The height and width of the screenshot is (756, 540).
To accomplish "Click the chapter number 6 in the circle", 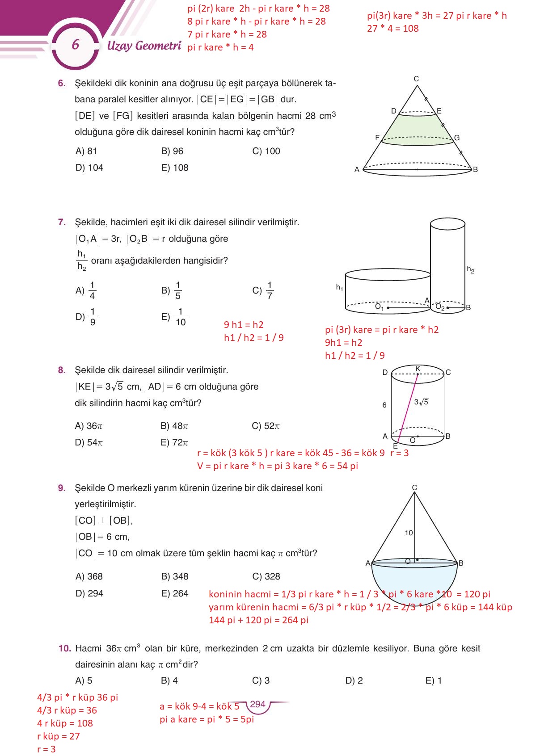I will pos(75,44).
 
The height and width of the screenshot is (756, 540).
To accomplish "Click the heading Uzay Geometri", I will pos(144,46).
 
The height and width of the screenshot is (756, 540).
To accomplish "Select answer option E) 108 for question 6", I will pos(175,168).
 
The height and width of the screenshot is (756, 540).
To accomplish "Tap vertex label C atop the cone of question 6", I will pos(416,79).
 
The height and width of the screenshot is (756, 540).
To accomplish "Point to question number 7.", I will pos(62,222).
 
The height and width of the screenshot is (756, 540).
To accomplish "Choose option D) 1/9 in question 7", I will pos(86,316).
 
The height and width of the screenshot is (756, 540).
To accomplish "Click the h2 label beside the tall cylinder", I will pos(470,269).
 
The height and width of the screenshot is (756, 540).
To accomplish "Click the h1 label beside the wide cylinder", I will pos(339,287).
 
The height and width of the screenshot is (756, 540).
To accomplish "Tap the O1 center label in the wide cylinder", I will pos(379,307).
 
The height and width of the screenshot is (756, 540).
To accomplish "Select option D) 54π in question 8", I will pos(89,442).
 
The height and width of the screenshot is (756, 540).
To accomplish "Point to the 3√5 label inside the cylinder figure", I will pos(421,402).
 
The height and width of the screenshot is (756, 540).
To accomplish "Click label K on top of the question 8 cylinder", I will pos(418,369).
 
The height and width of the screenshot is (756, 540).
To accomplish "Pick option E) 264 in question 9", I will pos(175,593).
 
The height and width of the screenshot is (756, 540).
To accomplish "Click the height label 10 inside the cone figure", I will pos(409,533).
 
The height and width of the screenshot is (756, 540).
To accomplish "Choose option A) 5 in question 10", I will pos(84,680).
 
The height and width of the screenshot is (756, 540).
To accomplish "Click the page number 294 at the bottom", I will pos(257,704).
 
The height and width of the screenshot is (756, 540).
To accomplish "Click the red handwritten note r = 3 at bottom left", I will pos(46,749).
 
